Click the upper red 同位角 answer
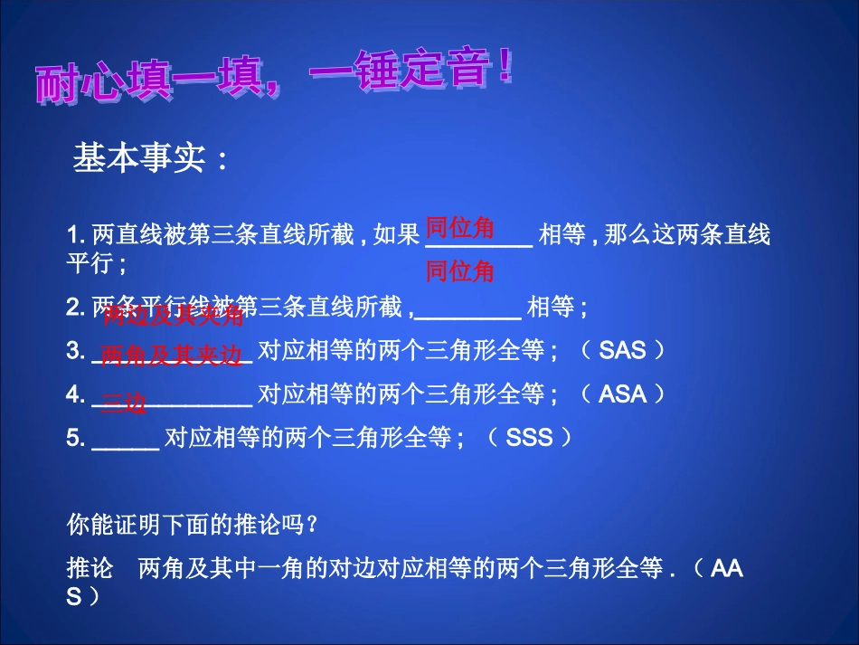point(460,228)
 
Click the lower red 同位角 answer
point(460,270)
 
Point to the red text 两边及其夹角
point(173,316)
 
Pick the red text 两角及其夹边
point(172,356)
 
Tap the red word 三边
point(123,403)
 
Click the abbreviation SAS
point(622,351)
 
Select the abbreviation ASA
point(622,394)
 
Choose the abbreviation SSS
point(529,438)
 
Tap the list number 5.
point(75,439)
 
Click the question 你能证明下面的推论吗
point(192,525)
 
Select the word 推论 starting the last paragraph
point(90,569)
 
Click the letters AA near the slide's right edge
point(726,569)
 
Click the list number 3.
point(75,351)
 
